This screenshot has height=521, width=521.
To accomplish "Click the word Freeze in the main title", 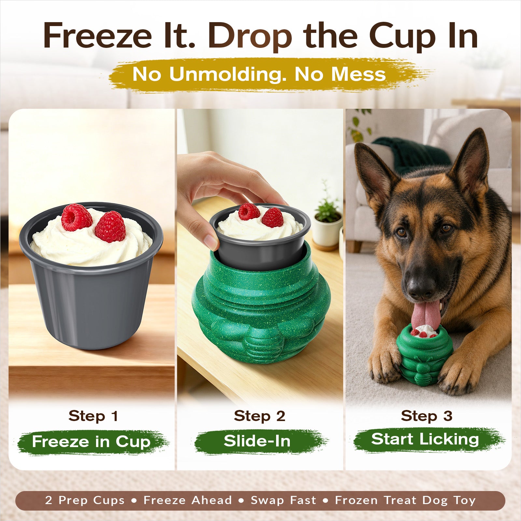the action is tap(98, 35).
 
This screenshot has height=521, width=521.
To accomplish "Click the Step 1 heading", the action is tap(93, 416).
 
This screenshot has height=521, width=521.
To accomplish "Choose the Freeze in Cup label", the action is tap(91, 442).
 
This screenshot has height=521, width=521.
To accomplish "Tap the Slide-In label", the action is tap(257, 441).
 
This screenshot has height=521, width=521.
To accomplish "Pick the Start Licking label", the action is tap(425, 440).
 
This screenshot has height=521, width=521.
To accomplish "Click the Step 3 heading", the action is tap(427, 416).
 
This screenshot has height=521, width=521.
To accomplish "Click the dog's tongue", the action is tap(425, 315).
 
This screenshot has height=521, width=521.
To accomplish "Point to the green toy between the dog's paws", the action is tap(424, 355).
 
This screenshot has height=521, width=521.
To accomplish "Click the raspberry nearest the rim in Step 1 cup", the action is tap(110, 227).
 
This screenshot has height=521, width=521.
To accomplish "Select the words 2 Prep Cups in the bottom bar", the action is tap(85, 500).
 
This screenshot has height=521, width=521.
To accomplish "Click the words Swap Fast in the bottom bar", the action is tap(283, 500).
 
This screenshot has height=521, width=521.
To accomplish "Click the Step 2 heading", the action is tap(260, 416).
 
